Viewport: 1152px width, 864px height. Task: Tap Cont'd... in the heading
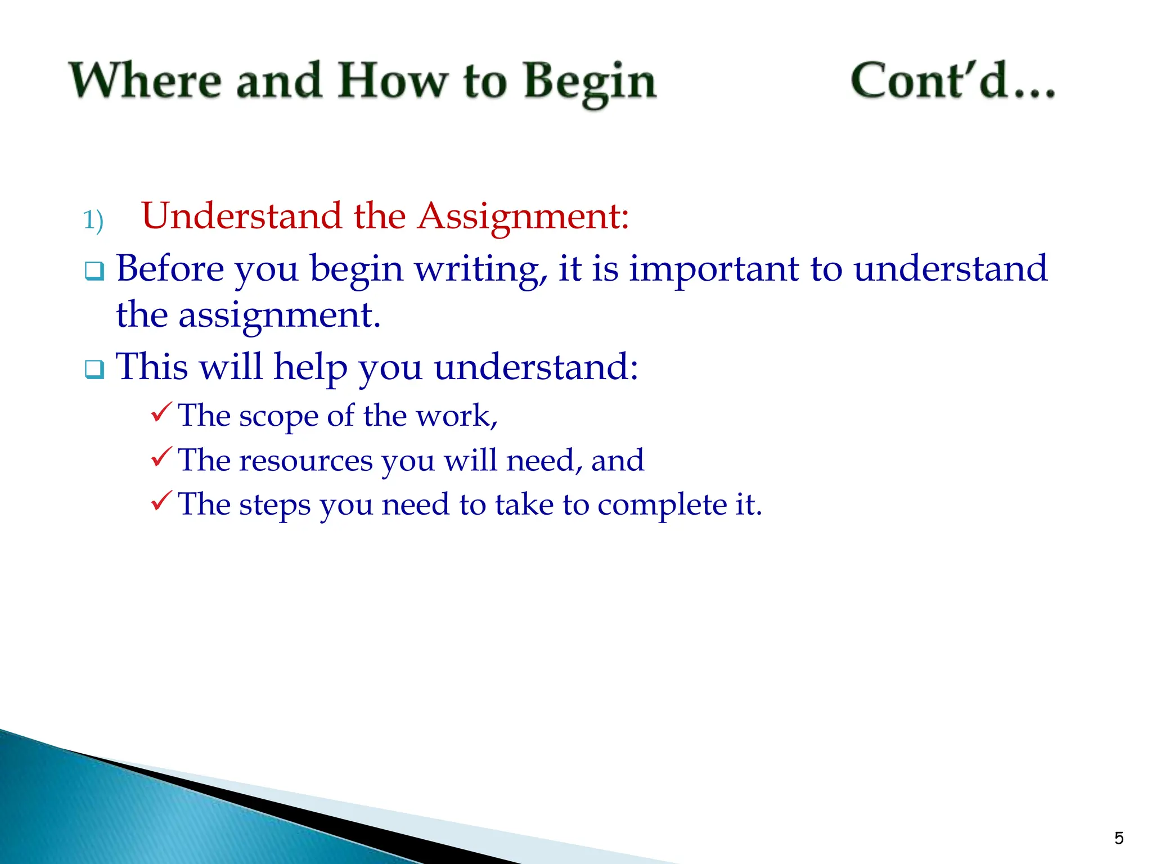(x=952, y=81)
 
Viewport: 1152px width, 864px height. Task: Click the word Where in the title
(x=145, y=81)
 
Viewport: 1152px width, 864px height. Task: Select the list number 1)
(x=93, y=220)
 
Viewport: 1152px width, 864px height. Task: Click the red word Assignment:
(x=523, y=217)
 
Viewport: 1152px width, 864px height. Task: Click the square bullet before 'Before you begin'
(x=94, y=271)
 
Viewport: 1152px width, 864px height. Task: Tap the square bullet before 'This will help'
(x=94, y=370)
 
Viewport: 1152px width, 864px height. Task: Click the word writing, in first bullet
(x=481, y=269)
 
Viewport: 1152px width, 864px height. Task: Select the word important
(x=713, y=269)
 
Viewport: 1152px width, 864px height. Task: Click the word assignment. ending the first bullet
(x=280, y=316)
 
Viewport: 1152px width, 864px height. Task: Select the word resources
(x=306, y=461)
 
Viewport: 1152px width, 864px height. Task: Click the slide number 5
(x=1119, y=838)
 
